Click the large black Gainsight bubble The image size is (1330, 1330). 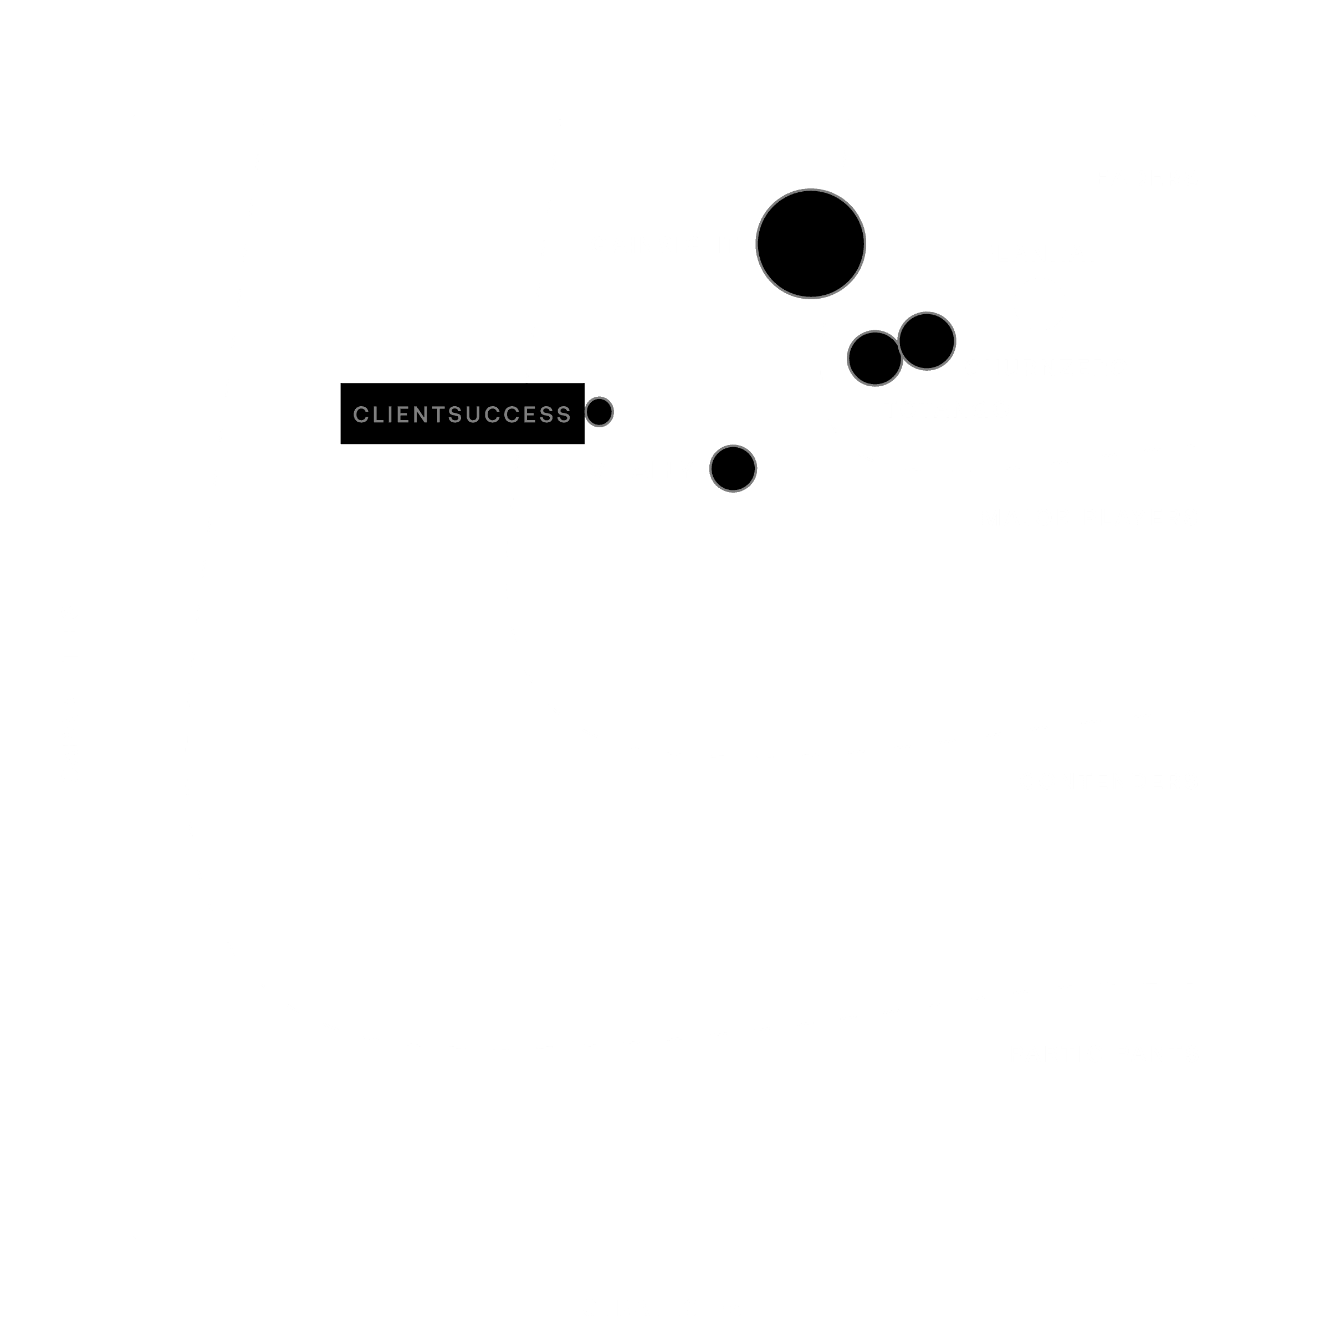tap(810, 244)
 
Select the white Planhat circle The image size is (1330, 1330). tap(1040, 304)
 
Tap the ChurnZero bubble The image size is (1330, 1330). tap(927, 341)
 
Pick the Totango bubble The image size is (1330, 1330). tap(874, 358)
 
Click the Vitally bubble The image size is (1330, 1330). tap(733, 469)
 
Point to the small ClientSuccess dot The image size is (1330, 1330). tap(600, 412)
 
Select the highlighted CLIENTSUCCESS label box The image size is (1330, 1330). tap(462, 414)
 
